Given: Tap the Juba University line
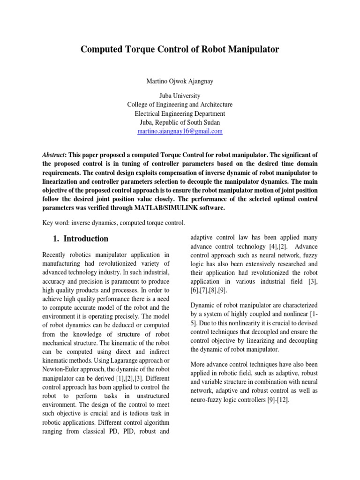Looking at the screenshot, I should click(180, 96).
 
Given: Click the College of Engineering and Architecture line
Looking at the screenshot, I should click(180, 105).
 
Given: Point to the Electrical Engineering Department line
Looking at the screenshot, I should click(180, 114).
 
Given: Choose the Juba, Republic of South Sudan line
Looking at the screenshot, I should click(180, 123).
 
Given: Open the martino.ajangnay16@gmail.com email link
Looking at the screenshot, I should click(180, 132).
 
